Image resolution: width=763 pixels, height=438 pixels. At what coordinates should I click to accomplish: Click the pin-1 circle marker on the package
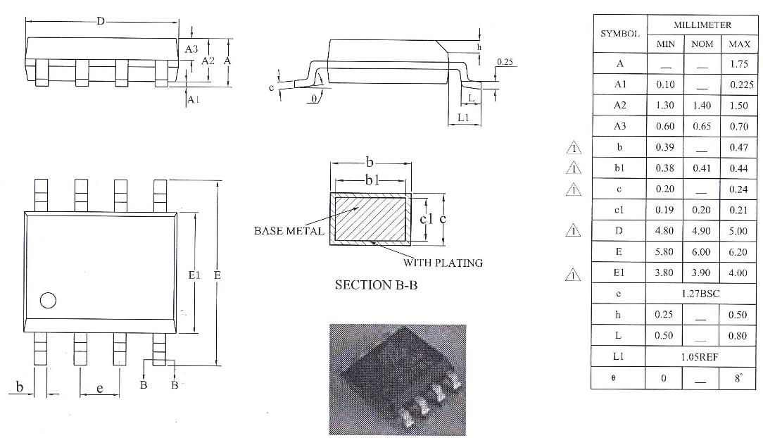pos(48,301)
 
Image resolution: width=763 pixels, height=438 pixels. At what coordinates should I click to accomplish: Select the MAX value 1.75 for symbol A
pos(738,63)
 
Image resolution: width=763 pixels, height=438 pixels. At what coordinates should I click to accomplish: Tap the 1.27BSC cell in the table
pos(700,293)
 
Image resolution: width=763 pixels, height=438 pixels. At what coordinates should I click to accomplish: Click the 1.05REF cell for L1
pos(700,356)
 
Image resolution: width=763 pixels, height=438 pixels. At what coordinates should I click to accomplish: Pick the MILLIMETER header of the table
pos(702,25)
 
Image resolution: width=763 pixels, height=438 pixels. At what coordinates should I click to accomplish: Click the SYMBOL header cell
pos(619,34)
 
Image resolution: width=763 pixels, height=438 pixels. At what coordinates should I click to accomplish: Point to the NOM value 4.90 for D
pos(702,230)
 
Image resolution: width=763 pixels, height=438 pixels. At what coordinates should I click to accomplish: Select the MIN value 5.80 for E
pos(664,251)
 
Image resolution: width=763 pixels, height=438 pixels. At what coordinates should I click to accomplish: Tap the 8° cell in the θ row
pos(738,377)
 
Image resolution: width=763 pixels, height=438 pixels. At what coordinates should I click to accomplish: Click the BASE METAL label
pos(289,231)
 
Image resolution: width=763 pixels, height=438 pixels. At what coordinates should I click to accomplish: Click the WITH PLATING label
pos(443,263)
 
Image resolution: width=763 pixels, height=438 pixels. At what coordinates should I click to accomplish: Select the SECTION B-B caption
pos(372,285)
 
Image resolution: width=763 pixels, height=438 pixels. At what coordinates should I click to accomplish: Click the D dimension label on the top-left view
pos(101,22)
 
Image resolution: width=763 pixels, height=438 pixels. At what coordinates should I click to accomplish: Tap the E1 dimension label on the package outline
pos(195,275)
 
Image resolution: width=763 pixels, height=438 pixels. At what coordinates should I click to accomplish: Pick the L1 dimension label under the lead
pos(462,118)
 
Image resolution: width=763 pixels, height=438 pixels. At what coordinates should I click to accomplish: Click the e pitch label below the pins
pos(99,388)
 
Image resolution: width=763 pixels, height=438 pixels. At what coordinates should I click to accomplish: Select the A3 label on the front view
pos(191,49)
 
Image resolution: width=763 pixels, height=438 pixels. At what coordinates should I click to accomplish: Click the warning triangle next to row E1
pos(574,273)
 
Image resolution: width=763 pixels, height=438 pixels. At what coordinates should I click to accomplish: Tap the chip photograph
pos(397,379)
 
